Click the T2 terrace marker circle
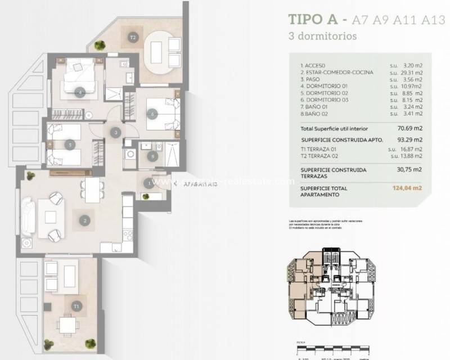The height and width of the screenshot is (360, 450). tap(133, 38)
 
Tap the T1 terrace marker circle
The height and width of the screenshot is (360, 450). tap(76, 306)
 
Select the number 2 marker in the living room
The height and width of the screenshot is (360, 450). tap(84, 220)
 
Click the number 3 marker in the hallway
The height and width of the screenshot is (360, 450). tap(115, 133)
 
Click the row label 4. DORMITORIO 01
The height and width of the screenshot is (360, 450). tap(326, 86)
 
